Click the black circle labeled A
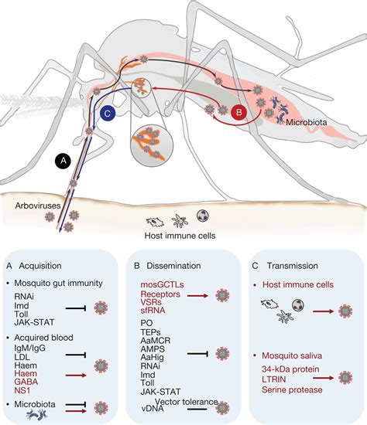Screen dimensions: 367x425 (x=63, y=161)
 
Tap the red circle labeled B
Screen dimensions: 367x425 (x=239, y=112)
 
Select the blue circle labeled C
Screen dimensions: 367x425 (x=108, y=113)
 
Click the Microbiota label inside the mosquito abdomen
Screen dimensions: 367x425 (x=306, y=122)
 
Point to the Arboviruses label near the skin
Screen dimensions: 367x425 (x=38, y=206)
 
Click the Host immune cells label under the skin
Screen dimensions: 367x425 (x=180, y=236)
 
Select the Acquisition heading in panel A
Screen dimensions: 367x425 (x=40, y=266)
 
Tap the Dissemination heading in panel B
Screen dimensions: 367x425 (x=173, y=266)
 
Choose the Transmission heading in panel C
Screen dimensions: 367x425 (x=293, y=266)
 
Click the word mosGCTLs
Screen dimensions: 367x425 (x=162, y=284)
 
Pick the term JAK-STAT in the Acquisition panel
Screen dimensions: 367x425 (x=34, y=322)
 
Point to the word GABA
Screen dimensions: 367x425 (x=26, y=382)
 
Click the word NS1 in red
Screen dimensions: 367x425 (x=22, y=390)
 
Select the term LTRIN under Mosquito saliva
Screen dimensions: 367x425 (x=274, y=379)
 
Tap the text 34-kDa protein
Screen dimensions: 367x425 (x=290, y=369)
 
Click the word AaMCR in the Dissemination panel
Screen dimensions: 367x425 (x=156, y=340)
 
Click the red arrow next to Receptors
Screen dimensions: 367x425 (x=197, y=296)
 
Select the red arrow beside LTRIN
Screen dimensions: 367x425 (x=324, y=378)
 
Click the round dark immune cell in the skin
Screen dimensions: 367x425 (x=203, y=216)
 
